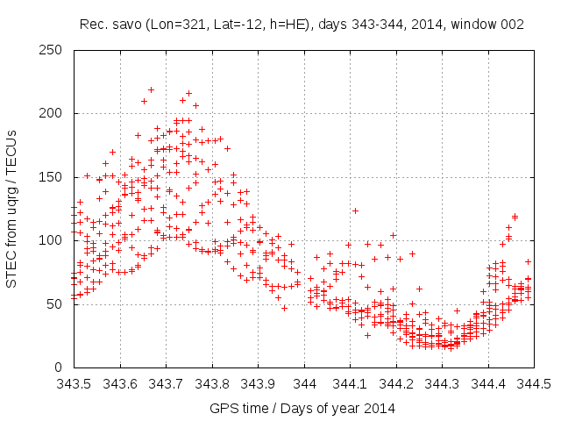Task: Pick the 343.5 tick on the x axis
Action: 74,384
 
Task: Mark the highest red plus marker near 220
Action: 151,89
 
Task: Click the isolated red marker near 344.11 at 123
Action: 355,210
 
